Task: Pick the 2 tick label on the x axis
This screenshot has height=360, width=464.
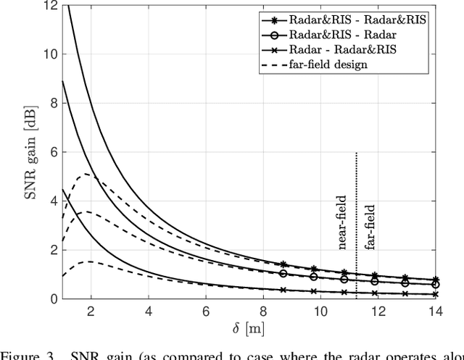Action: (91, 311)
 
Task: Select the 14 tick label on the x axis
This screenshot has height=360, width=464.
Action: (435, 311)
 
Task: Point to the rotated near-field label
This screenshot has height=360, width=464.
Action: (344, 223)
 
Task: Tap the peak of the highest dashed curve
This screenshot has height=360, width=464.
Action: (86, 174)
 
